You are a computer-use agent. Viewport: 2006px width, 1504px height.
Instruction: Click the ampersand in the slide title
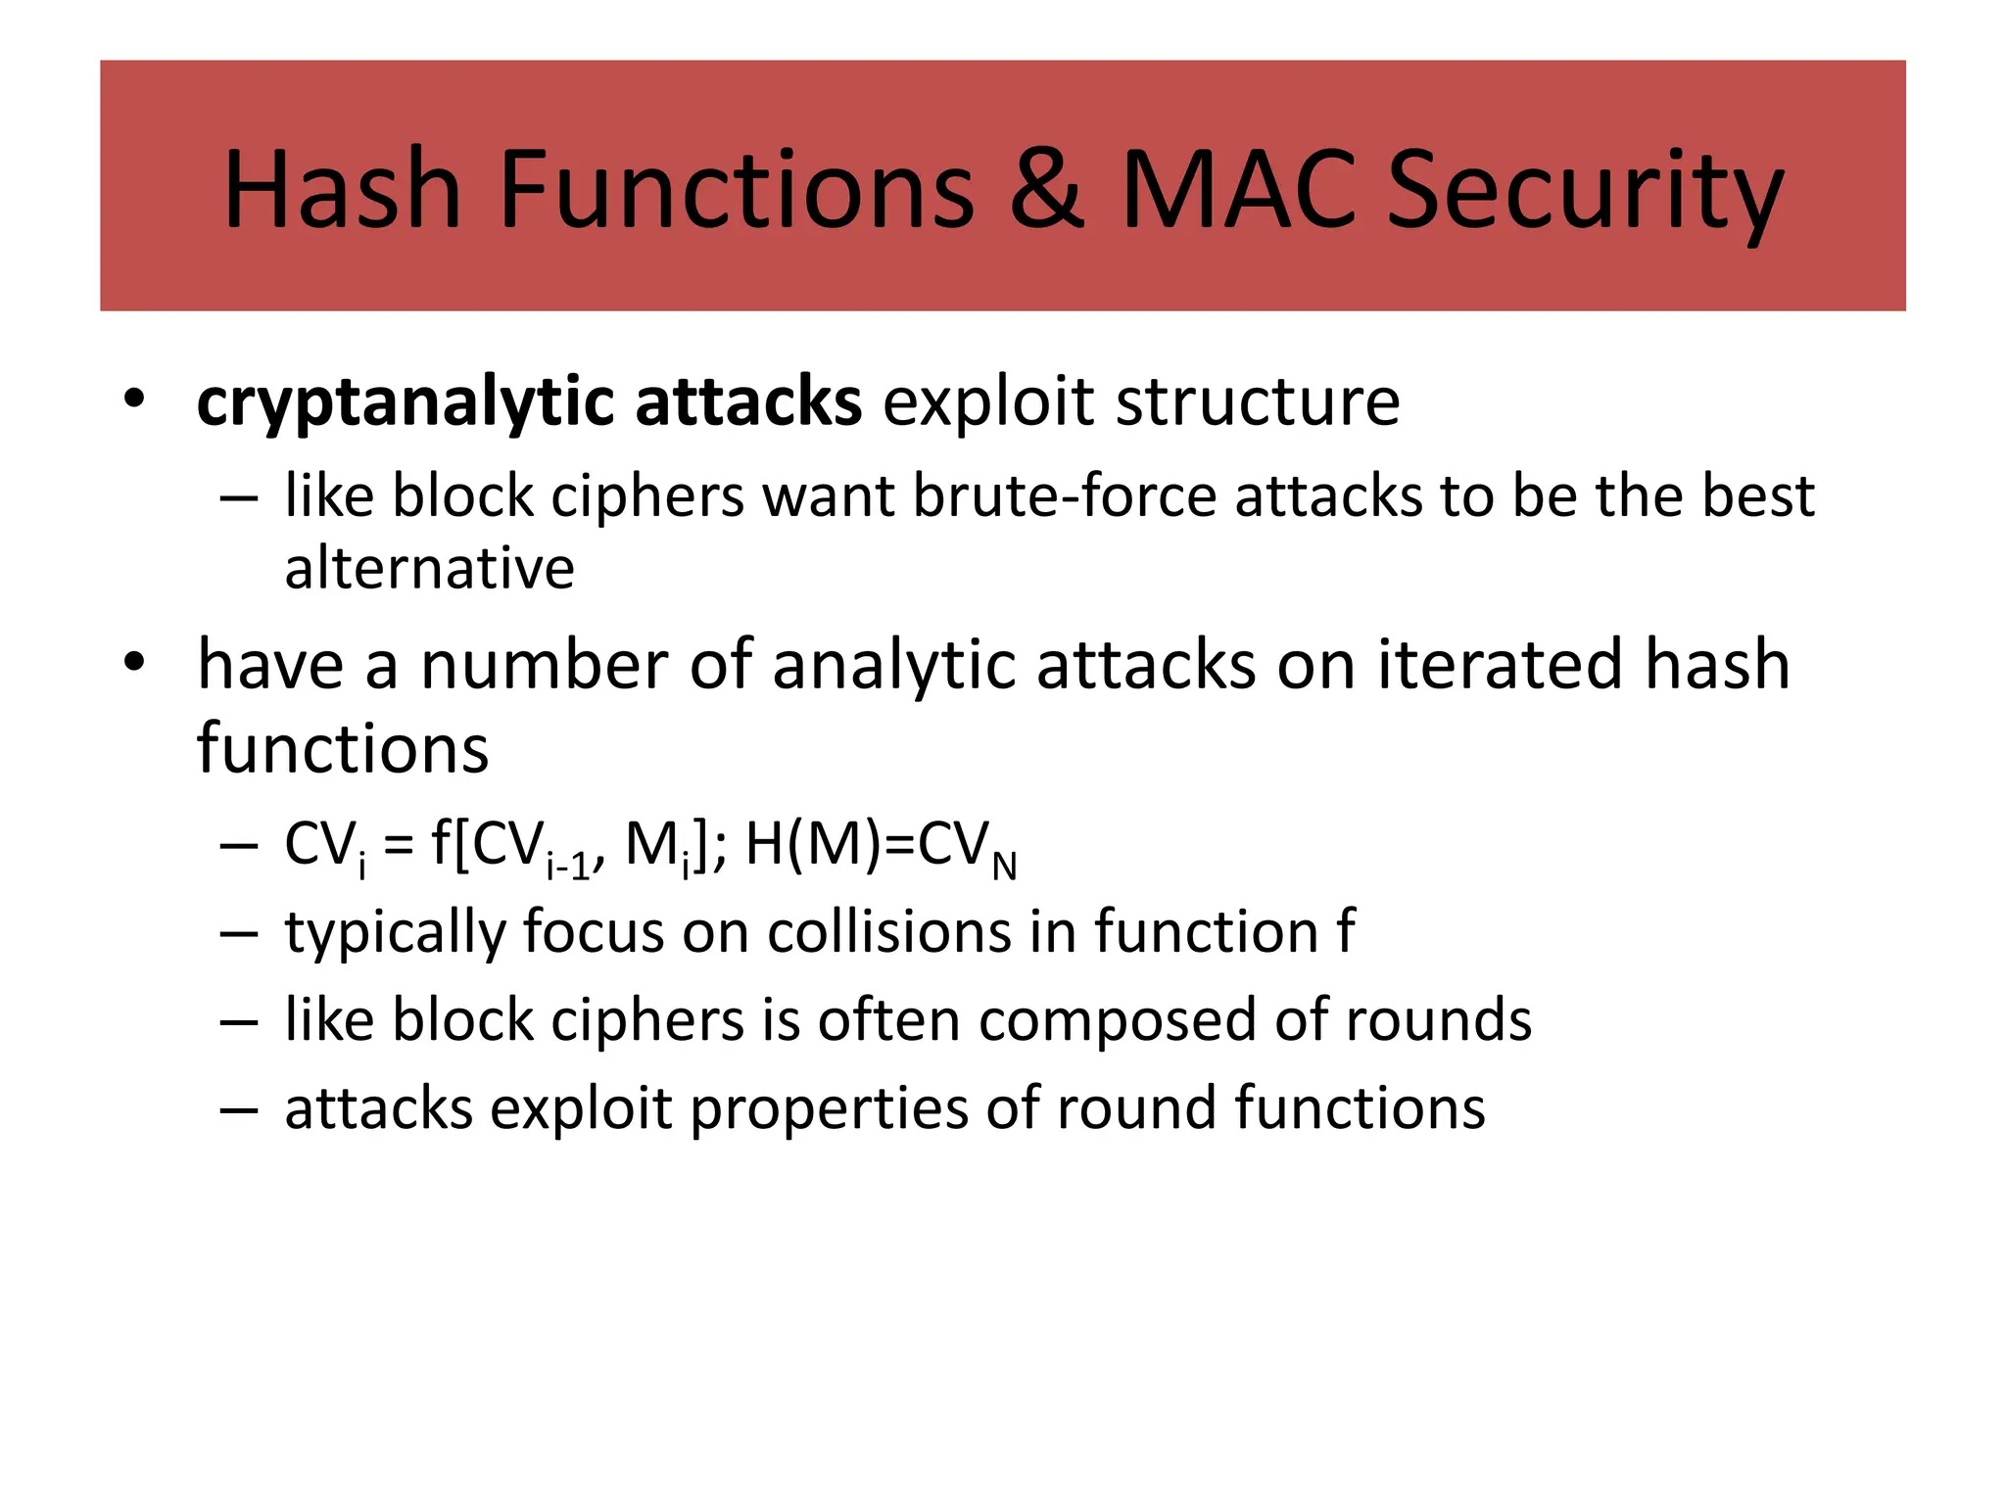tap(1046, 188)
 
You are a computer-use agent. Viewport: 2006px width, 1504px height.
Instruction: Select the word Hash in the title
tap(342, 188)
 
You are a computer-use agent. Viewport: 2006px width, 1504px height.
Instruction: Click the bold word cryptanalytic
tap(405, 403)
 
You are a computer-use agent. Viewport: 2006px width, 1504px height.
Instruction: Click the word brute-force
tap(1064, 495)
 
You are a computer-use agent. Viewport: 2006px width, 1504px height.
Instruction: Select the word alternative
tap(429, 568)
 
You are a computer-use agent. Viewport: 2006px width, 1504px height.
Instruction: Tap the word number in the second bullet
tap(544, 665)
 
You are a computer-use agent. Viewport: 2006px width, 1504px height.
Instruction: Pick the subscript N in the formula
tap(1004, 867)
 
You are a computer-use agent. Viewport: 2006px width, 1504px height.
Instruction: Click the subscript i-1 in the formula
tap(569, 866)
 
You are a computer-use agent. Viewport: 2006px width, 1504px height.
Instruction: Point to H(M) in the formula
tap(812, 844)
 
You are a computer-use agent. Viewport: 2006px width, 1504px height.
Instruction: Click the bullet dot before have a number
tap(134, 663)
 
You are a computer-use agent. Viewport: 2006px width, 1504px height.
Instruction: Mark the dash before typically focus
tap(239, 933)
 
